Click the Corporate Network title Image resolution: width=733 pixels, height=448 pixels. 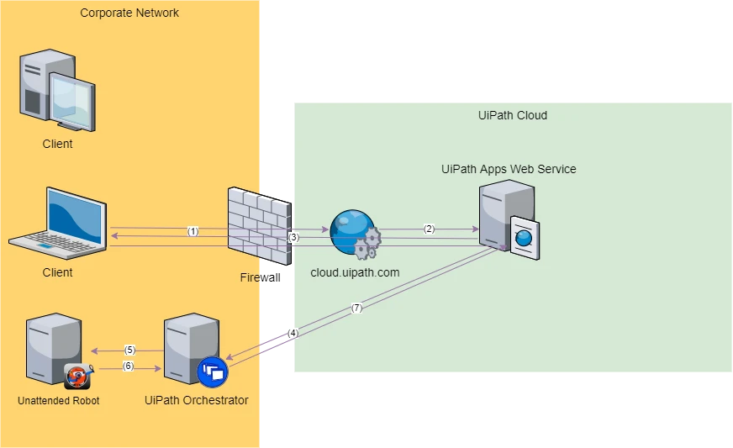pos(129,13)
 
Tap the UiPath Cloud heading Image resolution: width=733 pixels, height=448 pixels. pos(513,115)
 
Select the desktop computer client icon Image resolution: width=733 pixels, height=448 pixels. pos(57,91)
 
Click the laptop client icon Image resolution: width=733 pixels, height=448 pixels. pos(58,223)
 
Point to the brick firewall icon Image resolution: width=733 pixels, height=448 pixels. pos(260,226)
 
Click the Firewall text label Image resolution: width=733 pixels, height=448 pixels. pos(260,277)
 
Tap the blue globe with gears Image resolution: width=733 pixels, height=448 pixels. pos(356,235)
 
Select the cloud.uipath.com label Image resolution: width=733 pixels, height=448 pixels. pos(355,272)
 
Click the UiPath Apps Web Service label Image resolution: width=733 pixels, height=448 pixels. pos(509,169)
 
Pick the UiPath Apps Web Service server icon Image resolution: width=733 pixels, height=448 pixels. pos(509,219)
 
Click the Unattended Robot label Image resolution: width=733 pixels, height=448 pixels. pos(59,400)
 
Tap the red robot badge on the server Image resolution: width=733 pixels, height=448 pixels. pos(77,376)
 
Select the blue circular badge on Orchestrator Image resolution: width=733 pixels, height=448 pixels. pos(213,372)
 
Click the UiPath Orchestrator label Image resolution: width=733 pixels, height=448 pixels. pos(197,400)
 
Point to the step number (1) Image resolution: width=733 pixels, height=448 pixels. pos(193,231)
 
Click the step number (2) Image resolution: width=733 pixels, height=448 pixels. pos(430,229)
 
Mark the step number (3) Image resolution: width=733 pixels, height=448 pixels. pos(293,237)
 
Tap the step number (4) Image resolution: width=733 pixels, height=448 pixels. pos(293,333)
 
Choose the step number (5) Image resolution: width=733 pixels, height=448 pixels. pos(130,350)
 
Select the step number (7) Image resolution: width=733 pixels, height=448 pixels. pos(356,308)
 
